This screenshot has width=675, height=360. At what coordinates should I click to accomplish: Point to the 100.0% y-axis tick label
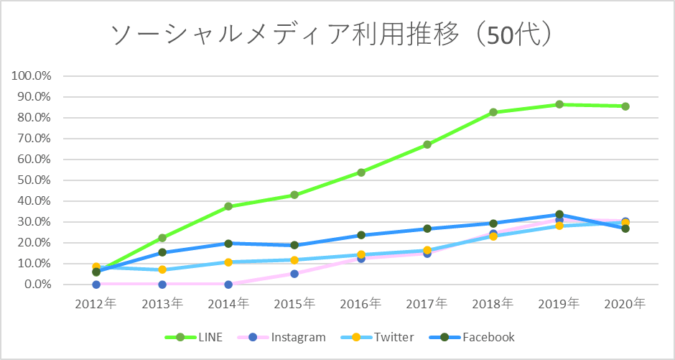coord(31,75)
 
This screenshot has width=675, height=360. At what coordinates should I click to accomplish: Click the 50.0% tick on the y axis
coord(33,180)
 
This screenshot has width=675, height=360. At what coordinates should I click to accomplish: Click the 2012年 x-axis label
coord(96,304)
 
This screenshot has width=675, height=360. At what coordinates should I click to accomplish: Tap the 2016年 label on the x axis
coord(360,304)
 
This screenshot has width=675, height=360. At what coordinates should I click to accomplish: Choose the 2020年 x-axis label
coord(625,304)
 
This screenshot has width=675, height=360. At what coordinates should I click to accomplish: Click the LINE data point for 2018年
coord(493,112)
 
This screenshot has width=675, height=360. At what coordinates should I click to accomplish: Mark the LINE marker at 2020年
coord(625,106)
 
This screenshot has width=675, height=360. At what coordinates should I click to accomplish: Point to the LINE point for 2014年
coord(228,206)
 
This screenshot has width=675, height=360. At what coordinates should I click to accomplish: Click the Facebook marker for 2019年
coord(559,214)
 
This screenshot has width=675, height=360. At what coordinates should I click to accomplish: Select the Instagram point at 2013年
coord(162,285)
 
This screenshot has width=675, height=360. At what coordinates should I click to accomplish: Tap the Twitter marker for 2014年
coord(228,262)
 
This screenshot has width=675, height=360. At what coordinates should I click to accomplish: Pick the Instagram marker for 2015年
coord(294,274)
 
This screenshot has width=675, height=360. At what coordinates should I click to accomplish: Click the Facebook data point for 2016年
coord(360,235)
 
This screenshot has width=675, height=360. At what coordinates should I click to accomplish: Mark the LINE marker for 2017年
coord(427,144)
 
